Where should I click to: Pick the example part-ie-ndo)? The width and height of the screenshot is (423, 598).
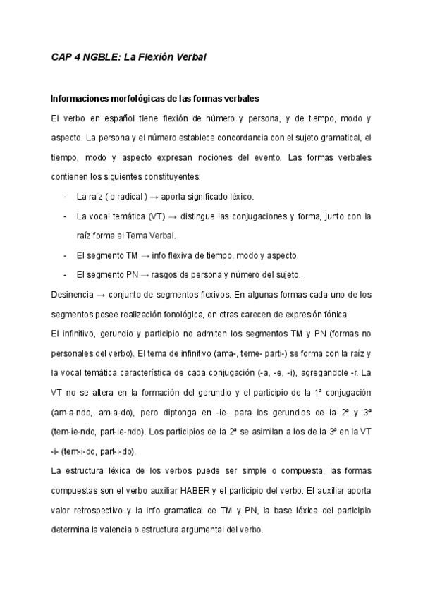[x=123, y=430]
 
